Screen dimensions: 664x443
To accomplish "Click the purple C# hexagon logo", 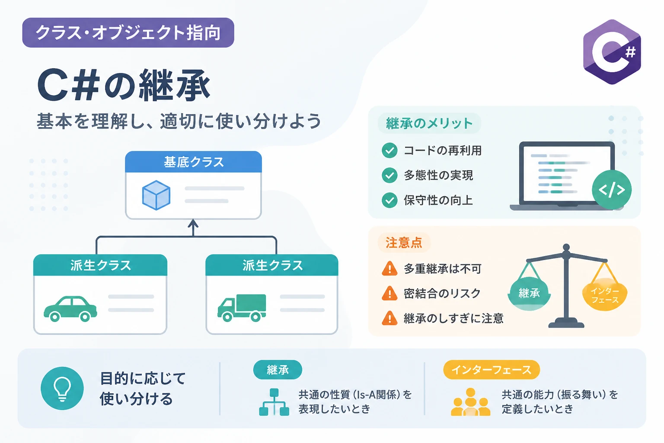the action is pyautogui.click(x=612, y=52).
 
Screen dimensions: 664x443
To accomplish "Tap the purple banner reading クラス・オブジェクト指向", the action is pyautogui.click(x=128, y=32).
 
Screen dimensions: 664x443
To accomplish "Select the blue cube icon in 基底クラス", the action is pyautogui.click(x=156, y=195).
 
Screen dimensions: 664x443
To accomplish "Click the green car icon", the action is pyautogui.click(x=70, y=309).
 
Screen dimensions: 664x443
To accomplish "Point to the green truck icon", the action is pyautogui.click(x=242, y=308).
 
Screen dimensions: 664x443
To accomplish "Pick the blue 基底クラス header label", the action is pyautogui.click(x=193, y=162).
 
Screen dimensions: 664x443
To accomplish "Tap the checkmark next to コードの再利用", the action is pyautogui.click(x=389, y=150).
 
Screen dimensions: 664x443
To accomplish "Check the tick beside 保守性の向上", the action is pyautogui.click(x=389, y=200).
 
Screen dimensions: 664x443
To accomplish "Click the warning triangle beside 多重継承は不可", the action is pyautogui.click(x=389, y=269).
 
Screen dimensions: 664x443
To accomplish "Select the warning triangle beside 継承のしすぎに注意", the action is pyautogui.click(x=389, y=318).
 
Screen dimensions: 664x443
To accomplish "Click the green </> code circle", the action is pyautogui.click(x=612, y=190).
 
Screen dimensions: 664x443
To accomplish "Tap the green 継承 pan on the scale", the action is pyautogui.click(x=529, y=294).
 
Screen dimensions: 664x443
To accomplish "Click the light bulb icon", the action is pyautogui.click(x=62, y=388).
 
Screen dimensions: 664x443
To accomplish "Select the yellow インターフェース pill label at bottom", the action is pyautogui.click(x=492, y=370).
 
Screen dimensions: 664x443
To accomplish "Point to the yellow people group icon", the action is pyautogui.click(x=470, y=402).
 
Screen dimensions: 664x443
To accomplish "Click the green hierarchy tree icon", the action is pyautogui.click(x=274, y=402).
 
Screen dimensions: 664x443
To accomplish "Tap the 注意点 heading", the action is pyautogui.click(x=404, y=243).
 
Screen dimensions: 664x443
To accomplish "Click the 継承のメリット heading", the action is pyautogui.click(x=429, y=123).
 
